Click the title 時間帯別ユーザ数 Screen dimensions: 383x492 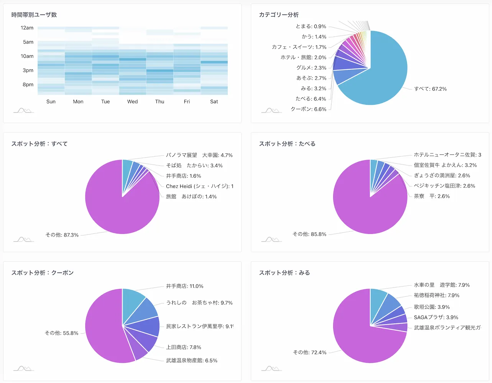pyautogui.click(x=34, y=15)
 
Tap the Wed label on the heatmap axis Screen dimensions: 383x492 pyautogui.click(x=132, y=102)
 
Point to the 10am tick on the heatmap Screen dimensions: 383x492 pyautogui.click(x=27, y=56)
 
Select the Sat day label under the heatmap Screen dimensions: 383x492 pyautogui.click(x=214, y=102)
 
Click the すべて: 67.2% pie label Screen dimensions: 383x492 pyautogui.click(x=430, y=89)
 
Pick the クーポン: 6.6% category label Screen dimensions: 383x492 pyautogui.click(x=308, y=109)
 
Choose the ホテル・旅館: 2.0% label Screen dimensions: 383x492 pyautogui.click(x=303, y=58)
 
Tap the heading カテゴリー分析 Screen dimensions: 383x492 pyautogui.click(x=279, y=15)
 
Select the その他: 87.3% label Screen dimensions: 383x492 pyautogui.click(x=62, y=235)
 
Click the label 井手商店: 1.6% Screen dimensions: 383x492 pyautogui.click(x=183, y=176)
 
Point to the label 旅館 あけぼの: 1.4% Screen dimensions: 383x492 pyautogui.click(x=191, y=197)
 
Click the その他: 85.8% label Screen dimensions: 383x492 pyautogui.click(x=309, y=234)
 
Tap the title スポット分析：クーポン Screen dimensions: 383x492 pyautogui.click(x=42, y=273)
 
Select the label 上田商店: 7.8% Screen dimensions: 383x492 pyautogui.click(x=183, y=347)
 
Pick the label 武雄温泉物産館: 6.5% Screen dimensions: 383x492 pyautogui.click(x=191, y=361)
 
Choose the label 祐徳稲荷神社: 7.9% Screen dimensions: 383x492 pyautogui.click(x=436, y=296)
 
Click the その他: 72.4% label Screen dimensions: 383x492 pyautogui.click(x=309, y=352)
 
